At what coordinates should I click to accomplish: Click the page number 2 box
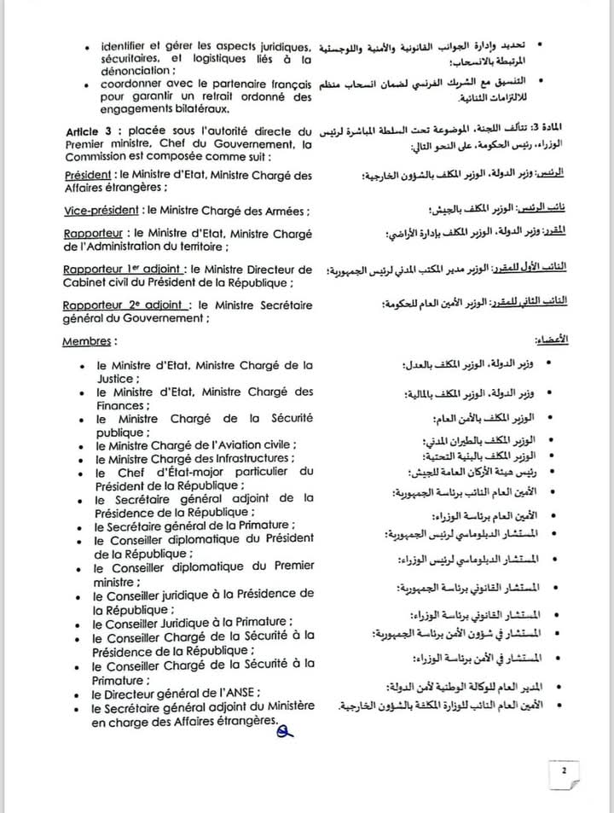click(x=564, y=771)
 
